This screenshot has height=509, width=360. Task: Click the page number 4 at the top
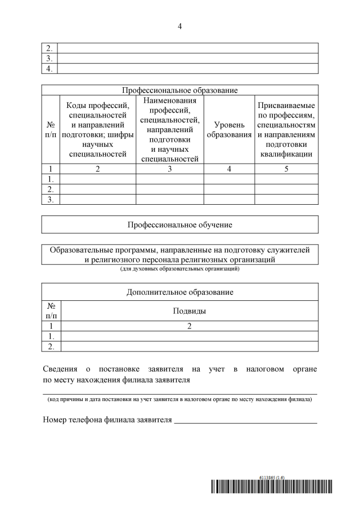(180, 26)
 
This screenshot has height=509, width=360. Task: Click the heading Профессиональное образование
(180, 90)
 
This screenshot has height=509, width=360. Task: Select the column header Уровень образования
(229, 129)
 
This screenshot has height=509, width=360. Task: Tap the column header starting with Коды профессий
(97, 129)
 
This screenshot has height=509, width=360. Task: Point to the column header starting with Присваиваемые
(286, 129)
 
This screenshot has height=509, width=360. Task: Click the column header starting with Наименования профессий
(169, 129)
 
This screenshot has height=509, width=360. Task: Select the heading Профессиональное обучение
(180, 225)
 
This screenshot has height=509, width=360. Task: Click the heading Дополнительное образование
(180, 292)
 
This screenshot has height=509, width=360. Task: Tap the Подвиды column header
(189, 310)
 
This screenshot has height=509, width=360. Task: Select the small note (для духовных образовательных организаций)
(180, 269)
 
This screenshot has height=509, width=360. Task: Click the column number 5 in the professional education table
(286, 168)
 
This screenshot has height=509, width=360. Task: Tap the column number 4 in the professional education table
(229, 168)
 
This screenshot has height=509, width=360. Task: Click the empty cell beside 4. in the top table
(188, 69)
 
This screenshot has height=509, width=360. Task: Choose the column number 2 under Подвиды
(189, 326)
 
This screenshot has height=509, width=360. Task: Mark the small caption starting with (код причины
(180, 400)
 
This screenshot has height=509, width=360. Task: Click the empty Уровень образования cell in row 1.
(229, 178)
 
